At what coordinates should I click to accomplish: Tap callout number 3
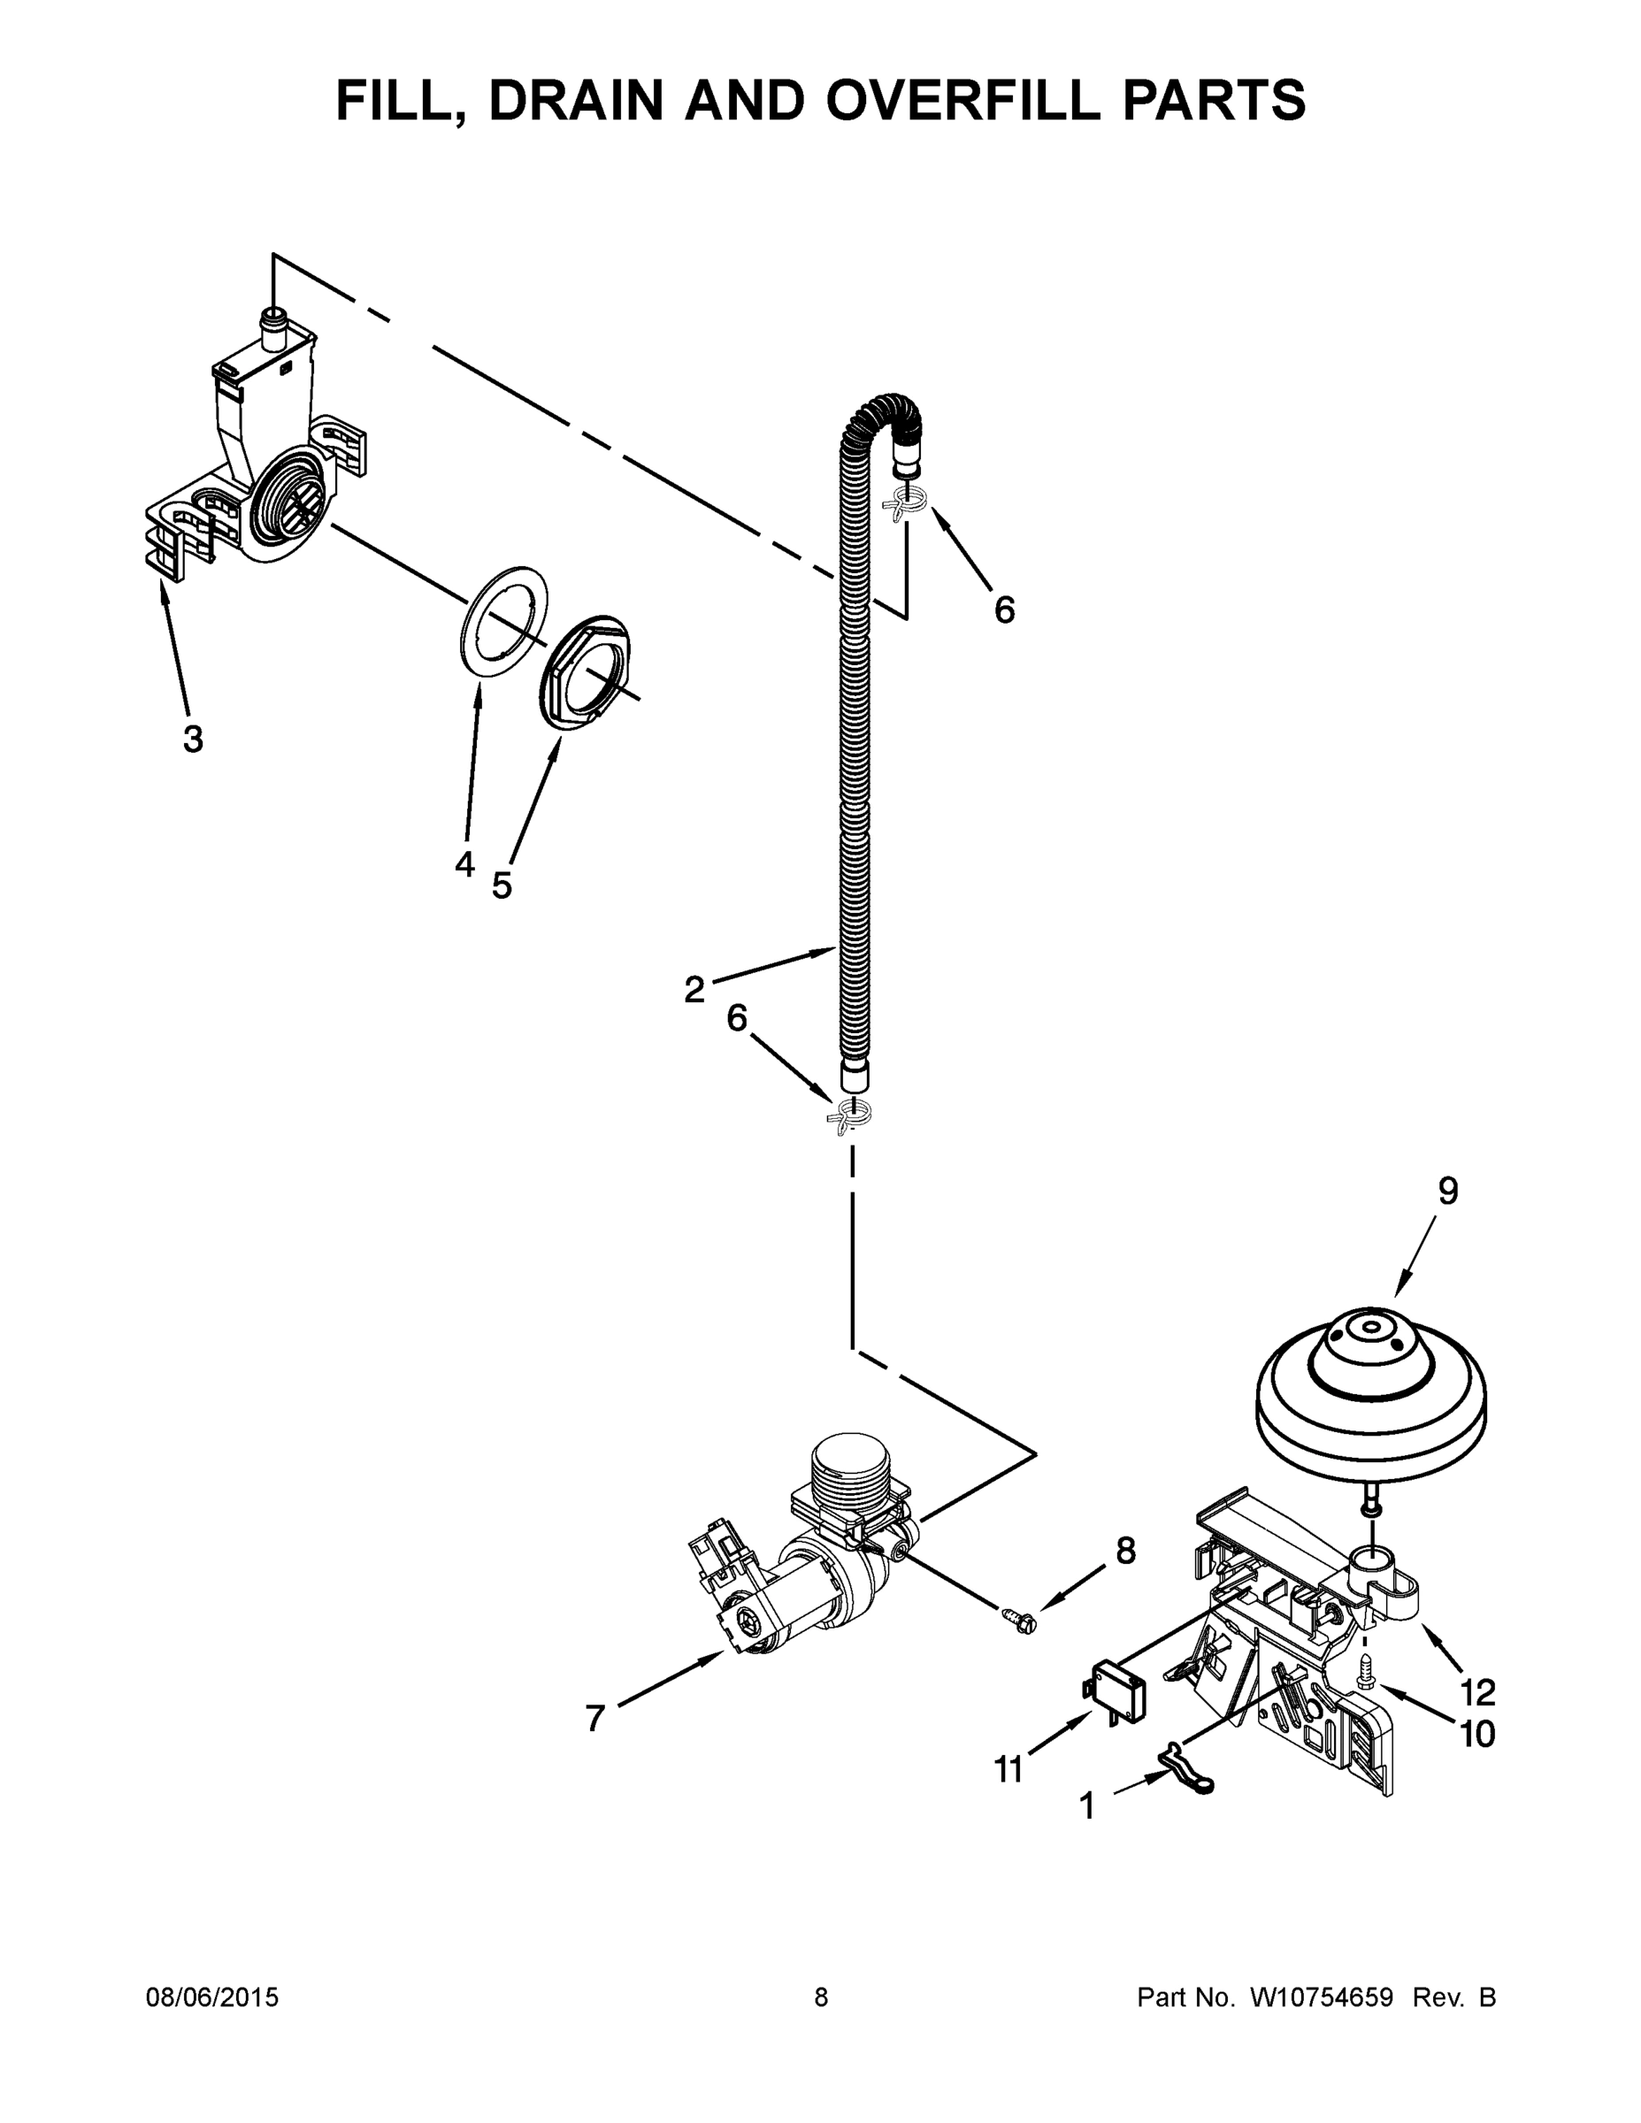click(193, 740)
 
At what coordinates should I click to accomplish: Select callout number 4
click(464, 863)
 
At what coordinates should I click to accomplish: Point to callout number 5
click(502, 885)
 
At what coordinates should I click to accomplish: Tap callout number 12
click(1477, 1692)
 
